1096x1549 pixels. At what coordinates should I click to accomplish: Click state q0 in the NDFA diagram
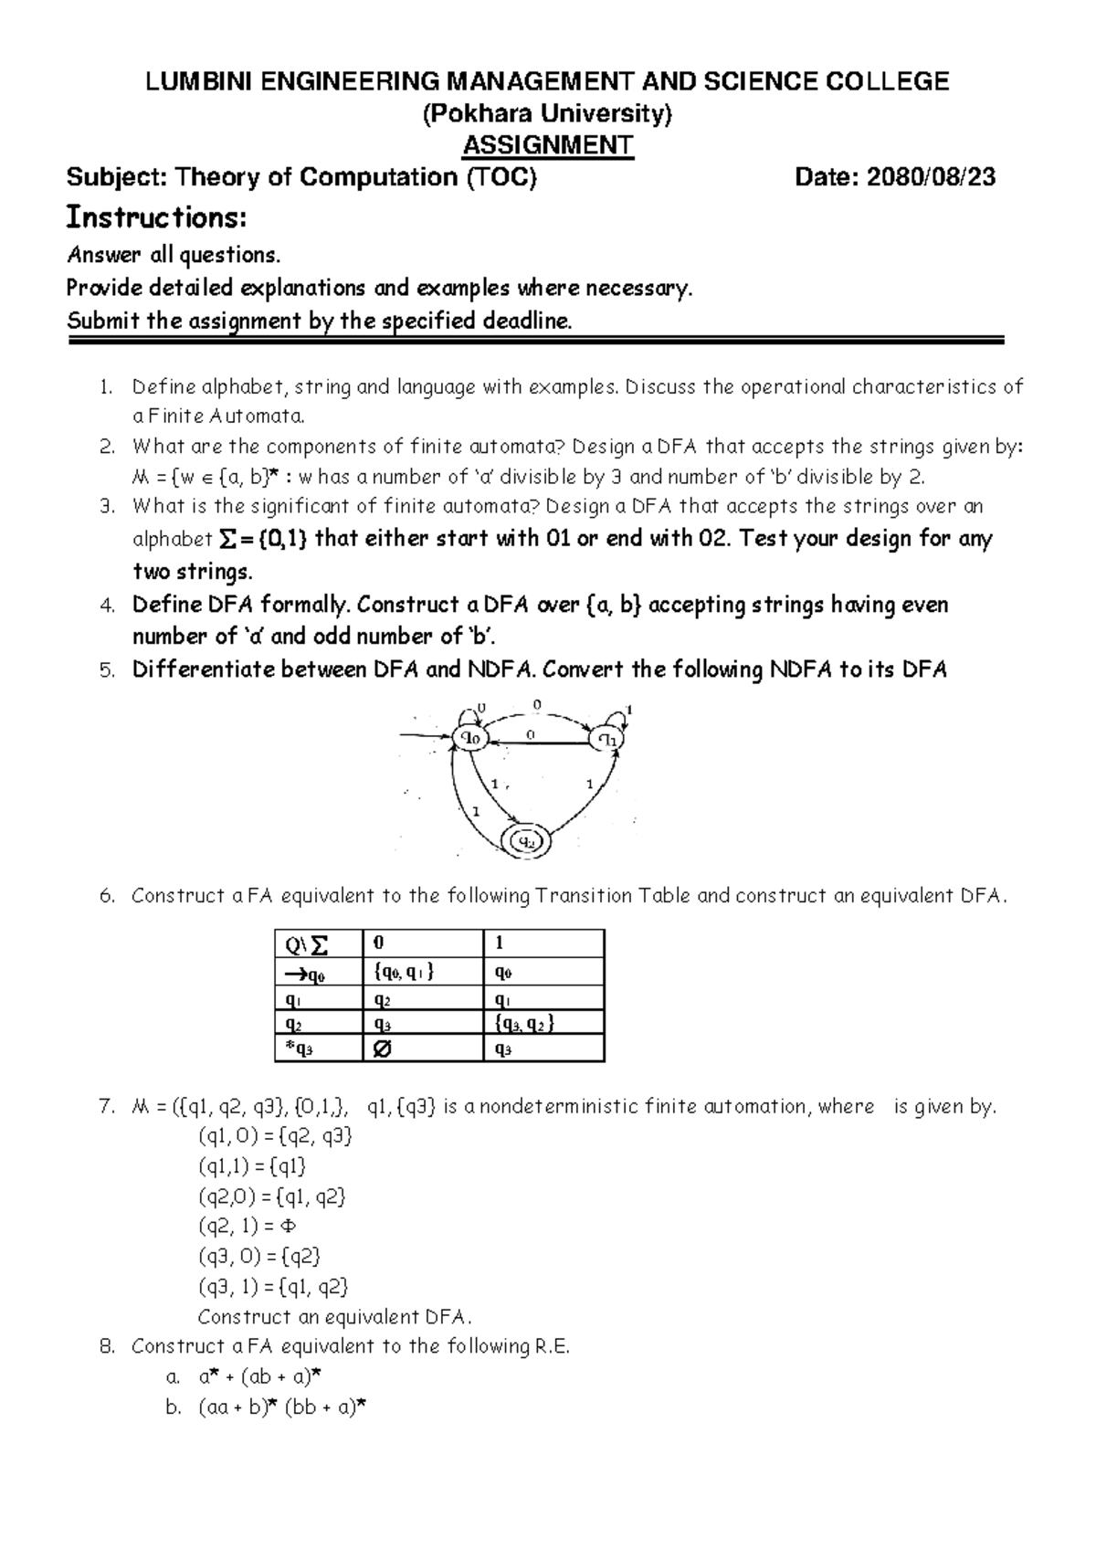click(x=473, y=738)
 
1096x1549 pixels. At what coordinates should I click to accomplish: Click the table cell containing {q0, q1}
click(x=406, y=972)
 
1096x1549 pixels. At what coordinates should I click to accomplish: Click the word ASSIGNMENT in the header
click(x=547, y=145)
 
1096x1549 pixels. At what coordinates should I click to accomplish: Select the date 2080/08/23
click(x=931, y=177)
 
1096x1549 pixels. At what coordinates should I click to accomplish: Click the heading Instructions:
click(x=157, y=217)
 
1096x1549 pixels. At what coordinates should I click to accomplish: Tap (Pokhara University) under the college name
click(x=547, y=114)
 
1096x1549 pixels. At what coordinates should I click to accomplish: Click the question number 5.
click(x=107, y=670)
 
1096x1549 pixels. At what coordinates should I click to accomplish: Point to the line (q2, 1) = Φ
click(x=248, y=1226)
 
